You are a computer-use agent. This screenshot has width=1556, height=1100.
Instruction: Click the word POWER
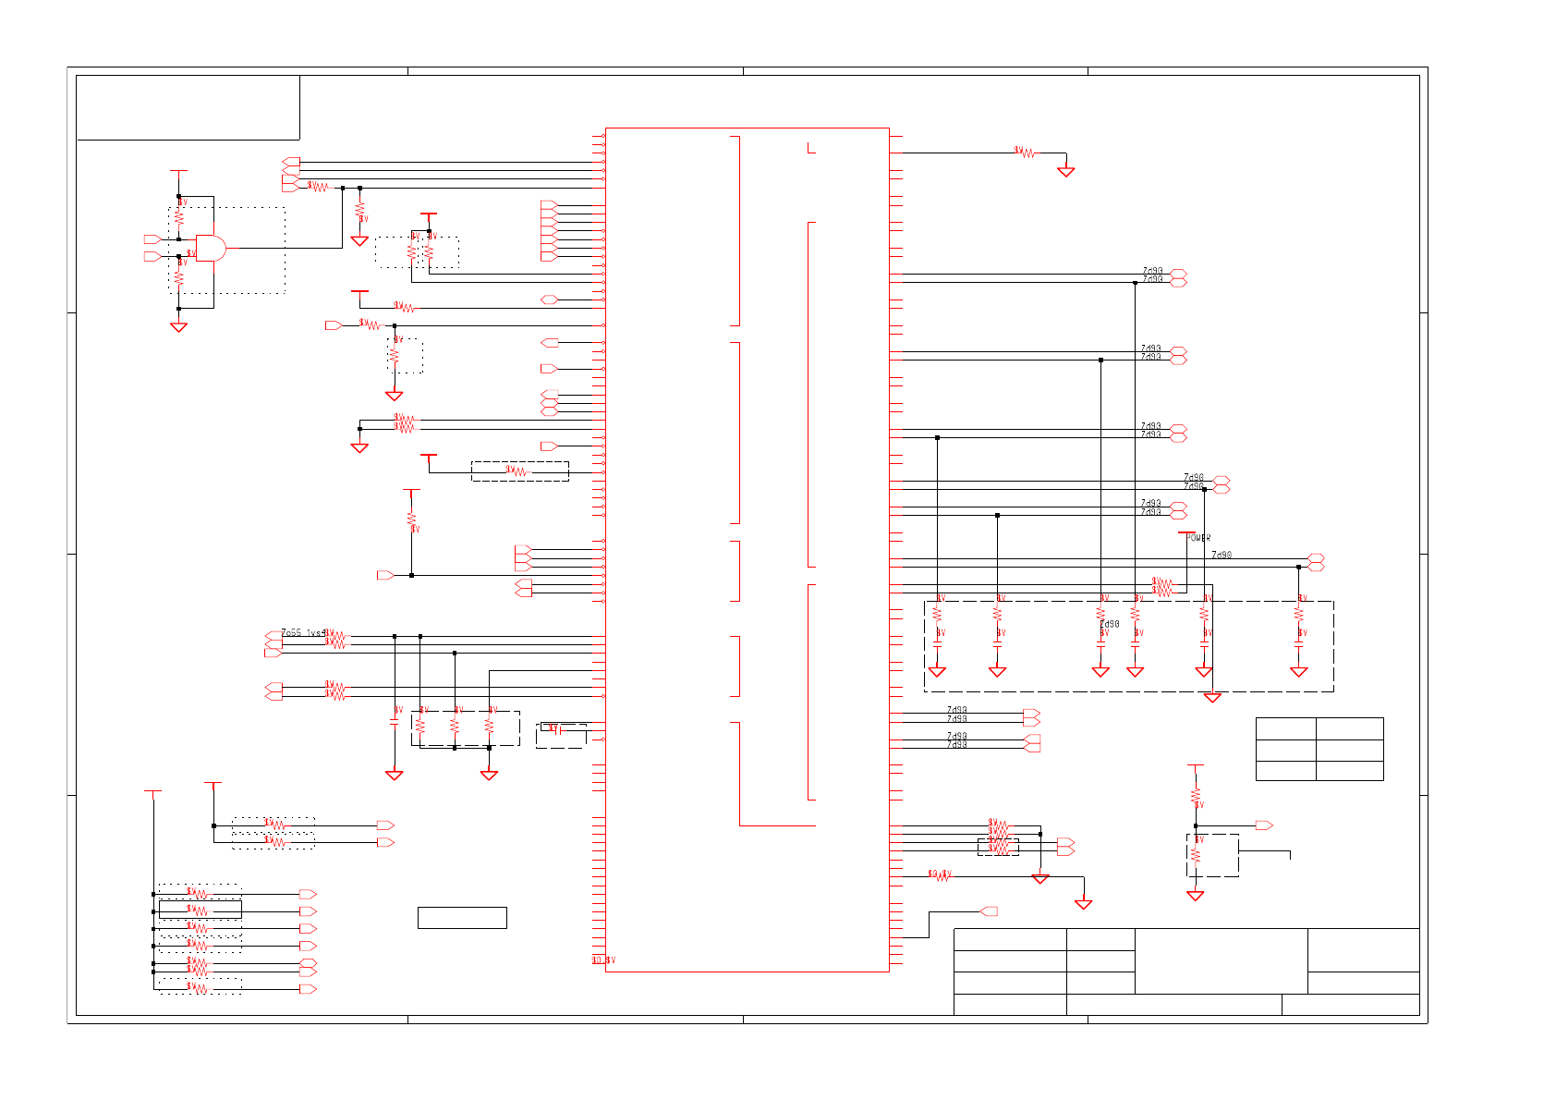coord(1198,538)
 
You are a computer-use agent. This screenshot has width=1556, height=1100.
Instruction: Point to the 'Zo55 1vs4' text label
coord(303,633)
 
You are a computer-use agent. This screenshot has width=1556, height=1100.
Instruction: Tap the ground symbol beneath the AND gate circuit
coord(179,327)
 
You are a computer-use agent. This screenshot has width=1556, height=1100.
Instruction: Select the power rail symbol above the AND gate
coord(179,171)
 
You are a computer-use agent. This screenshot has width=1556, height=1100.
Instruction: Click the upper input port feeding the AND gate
coord(152,239)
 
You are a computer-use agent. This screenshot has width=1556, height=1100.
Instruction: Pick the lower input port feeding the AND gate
coord(152,256)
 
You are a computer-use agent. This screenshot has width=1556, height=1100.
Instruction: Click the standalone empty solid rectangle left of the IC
coord(462,918)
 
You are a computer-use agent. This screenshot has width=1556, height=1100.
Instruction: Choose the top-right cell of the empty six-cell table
coord(1349,728)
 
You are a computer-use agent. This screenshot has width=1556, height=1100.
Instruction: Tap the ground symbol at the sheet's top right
coord(1066,172)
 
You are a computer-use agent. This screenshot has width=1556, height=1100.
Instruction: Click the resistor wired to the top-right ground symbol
coord(1025,153)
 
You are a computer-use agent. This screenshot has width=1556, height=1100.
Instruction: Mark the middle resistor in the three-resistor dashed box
coord(455,727)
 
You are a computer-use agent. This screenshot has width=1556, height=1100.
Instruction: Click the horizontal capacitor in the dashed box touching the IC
coord(557,729)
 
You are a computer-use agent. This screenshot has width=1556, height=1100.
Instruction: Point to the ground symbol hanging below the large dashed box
coord(1212,698)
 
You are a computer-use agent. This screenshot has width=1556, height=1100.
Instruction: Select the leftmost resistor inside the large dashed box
coord(937,614)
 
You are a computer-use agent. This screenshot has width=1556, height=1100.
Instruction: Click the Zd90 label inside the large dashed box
coord(1110,625)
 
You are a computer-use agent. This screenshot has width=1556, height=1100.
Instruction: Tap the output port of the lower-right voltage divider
coord(1264,825)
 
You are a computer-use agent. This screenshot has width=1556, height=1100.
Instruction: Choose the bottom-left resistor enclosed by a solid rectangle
coord(200,911)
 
